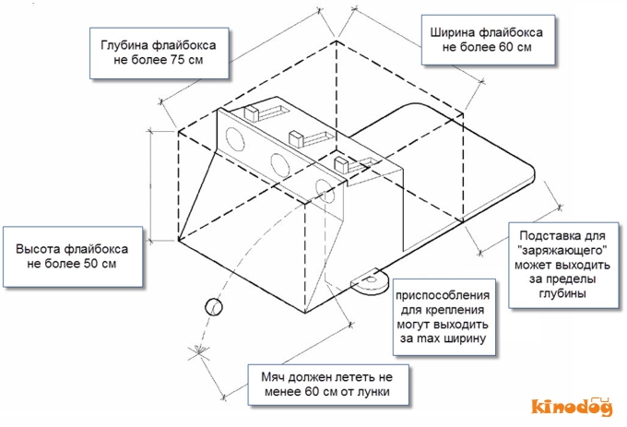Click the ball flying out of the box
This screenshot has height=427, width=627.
point(213,306)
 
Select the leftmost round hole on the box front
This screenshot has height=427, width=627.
point(234,141)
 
